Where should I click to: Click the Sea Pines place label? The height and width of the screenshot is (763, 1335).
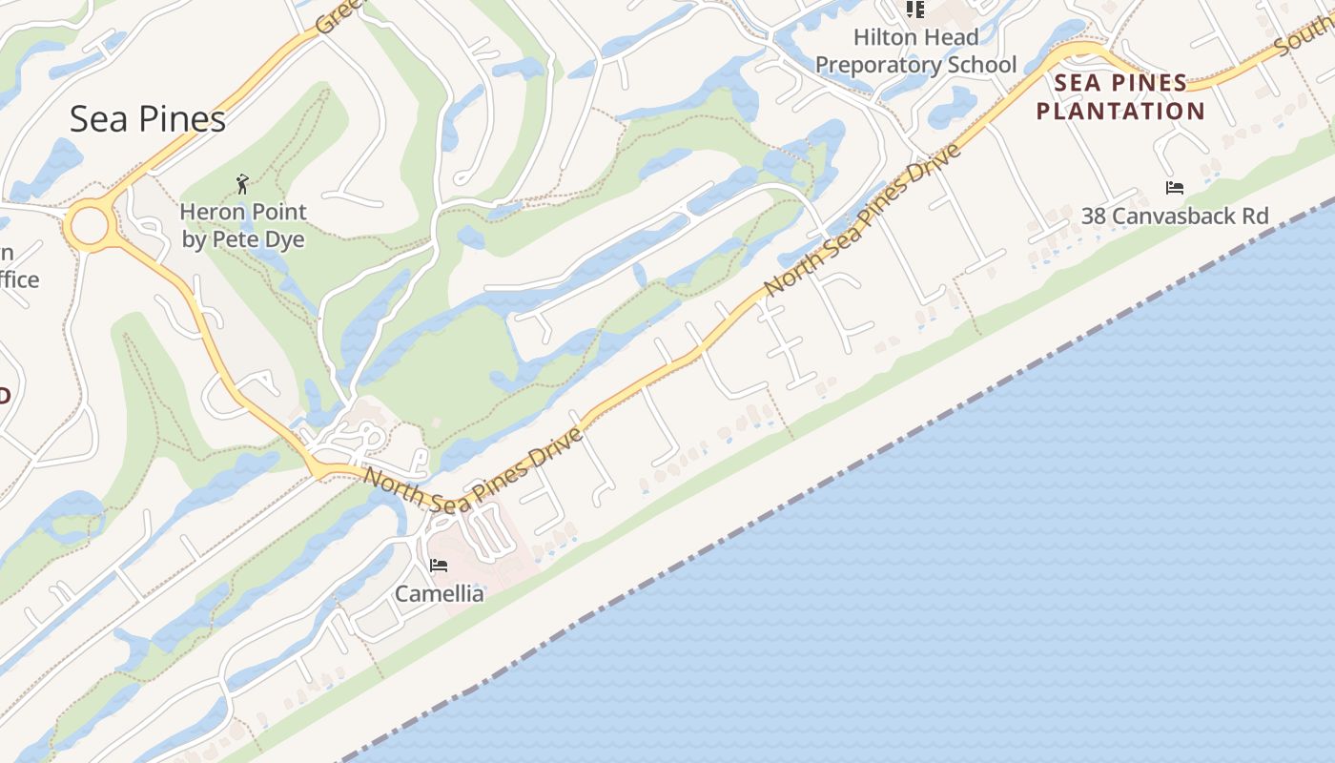[148, 118]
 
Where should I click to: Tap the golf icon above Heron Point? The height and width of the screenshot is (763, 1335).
[242, 183]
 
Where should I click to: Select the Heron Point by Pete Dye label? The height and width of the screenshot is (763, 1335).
[243, 225]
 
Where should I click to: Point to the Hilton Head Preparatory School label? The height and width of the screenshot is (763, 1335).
[915, 52]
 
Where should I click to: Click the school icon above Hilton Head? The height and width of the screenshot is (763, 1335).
[915, 10]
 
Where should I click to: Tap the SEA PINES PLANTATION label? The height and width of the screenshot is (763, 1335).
[1120, 97]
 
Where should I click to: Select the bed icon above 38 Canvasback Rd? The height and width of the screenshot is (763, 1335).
[1175, 188]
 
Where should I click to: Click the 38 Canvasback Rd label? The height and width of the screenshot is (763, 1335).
[1175, 217]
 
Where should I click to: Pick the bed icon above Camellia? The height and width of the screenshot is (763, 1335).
[439, 566]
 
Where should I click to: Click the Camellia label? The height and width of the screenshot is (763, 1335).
[439, 593]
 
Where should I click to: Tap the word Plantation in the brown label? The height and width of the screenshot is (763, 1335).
[1120, 112]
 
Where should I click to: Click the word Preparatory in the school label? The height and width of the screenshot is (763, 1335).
[877, 66]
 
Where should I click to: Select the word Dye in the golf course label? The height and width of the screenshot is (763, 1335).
[286, 239]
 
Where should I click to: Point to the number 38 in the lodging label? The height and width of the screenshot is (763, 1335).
[1094, 217]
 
